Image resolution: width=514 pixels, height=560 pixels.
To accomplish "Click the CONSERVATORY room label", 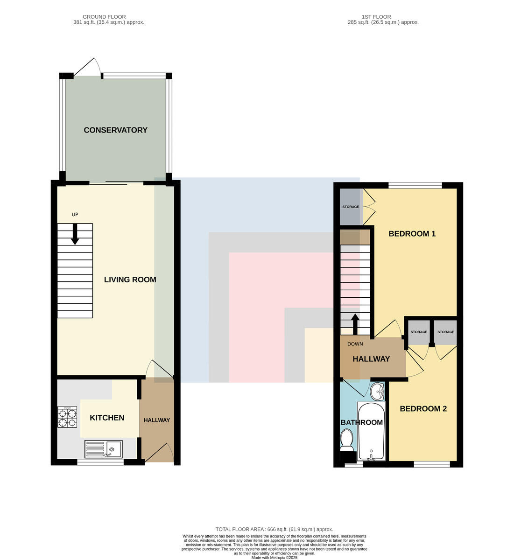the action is [x=115, y=130].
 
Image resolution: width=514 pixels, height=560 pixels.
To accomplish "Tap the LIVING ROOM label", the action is [x=130, y=280].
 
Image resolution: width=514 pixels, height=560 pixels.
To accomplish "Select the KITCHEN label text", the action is [x=107, y=418].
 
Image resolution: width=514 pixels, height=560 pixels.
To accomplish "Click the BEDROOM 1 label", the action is [x=412, y=234].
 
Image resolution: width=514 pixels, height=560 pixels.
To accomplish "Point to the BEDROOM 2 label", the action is [x=423, y=409].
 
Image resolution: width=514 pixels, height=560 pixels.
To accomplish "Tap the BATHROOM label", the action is [x=362, y=422].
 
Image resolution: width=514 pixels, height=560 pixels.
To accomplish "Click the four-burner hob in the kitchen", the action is [x=67, y=417].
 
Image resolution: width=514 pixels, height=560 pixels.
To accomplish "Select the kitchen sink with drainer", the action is [x=103, y=449].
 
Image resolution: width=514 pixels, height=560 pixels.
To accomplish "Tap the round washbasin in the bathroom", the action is [x=377, y=392].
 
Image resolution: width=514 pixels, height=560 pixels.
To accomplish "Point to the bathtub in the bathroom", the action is [x=372, y=431].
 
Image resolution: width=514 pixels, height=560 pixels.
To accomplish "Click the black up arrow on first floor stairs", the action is [x=355, y=324].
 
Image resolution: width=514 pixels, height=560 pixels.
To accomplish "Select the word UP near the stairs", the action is [x=75, y=214].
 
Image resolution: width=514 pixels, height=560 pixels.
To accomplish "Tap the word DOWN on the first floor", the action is [x=355, y=344].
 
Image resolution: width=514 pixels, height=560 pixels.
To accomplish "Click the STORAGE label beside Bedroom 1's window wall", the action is [x=351, y=207].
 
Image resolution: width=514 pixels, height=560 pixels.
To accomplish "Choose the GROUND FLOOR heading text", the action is [x=104, y=17].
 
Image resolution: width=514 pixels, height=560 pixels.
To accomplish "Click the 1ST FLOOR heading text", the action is [x=376, y=17].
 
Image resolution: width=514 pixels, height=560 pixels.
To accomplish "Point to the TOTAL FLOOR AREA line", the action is [x=275, y=529].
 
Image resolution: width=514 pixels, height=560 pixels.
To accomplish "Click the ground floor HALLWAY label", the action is [x=157, y=420].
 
